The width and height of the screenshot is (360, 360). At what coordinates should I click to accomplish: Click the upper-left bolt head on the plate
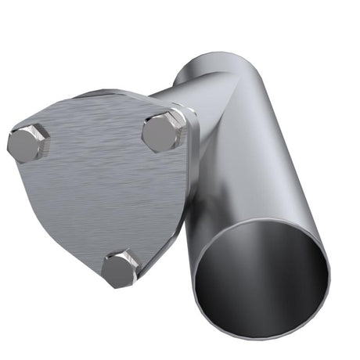(29, 142)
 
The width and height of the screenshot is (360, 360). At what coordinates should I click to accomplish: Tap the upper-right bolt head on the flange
(162, 131)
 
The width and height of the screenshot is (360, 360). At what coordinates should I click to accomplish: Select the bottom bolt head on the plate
(121, 268)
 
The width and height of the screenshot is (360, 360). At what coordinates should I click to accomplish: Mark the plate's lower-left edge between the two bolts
(63, 211)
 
